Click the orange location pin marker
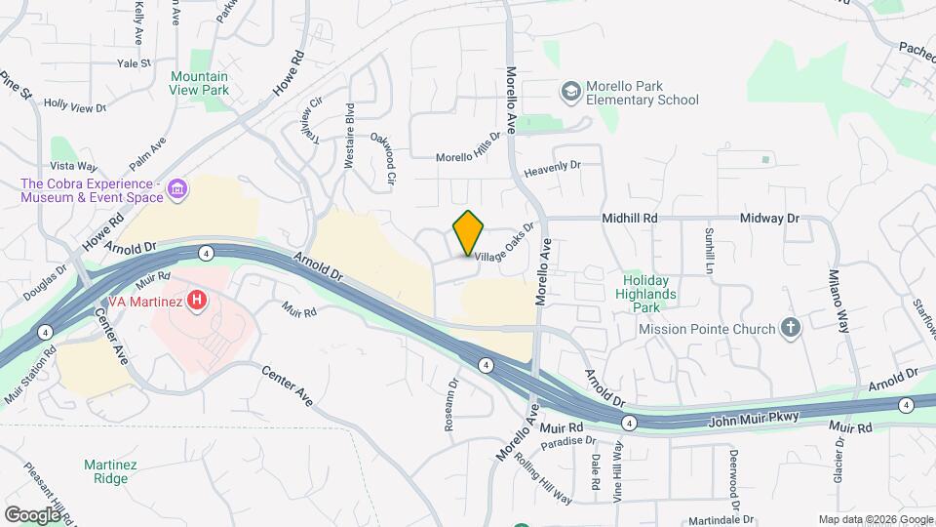point(469,232)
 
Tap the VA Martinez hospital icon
point(197,301)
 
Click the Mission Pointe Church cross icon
point(791,329)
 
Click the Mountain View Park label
point(199,83)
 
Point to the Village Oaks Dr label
point(505,252)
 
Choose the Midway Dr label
point(768,219)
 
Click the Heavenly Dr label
point(552,168)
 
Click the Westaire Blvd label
point(349,139)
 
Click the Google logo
point(32,514)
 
